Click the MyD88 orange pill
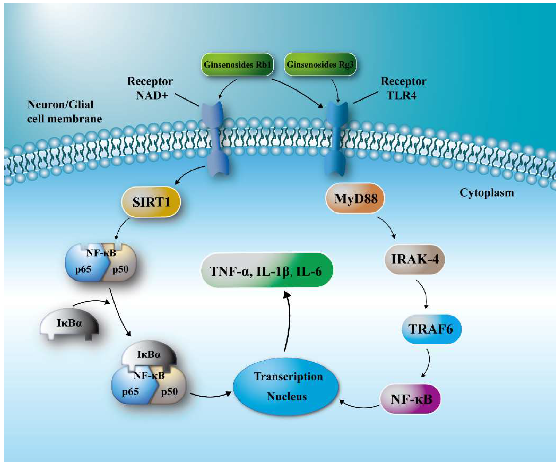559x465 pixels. click(355, 198)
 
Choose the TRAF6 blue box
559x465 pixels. click(431, 329)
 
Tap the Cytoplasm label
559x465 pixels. click(487, 193)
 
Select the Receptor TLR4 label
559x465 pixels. click(404, 88)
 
